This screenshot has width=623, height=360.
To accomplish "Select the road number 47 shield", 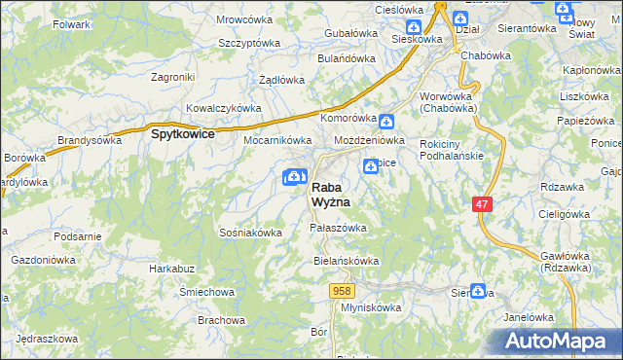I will point(483,204).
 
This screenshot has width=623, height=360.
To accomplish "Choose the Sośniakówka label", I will point(250,233).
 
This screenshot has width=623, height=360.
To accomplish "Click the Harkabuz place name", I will point(166,268).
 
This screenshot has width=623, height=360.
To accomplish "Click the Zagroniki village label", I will point(175,76).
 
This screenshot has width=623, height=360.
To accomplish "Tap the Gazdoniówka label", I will point(45,262).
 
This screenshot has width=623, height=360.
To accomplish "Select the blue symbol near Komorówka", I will point(386,122).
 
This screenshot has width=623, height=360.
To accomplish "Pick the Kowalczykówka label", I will point(224,108).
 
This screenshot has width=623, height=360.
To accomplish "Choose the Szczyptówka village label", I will point(249,44).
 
